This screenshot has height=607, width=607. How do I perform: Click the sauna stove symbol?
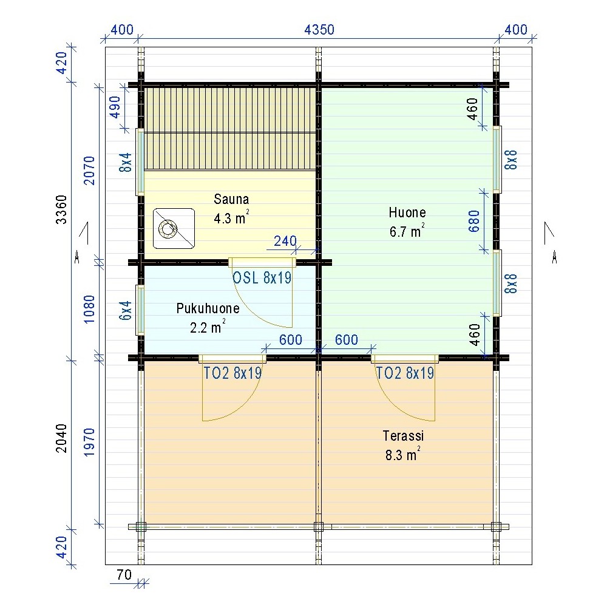pyautogui.click(x=174, y=228)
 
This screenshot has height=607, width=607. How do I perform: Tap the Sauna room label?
pyautogui.click(x=231, y=199)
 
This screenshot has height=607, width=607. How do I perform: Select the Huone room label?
pyautogui.click(x=407, y=212)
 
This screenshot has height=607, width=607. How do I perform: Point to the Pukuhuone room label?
pyautogui.click(x=208, y=308)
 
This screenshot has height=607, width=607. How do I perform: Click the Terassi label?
pyautogui.click(x=404, y=436)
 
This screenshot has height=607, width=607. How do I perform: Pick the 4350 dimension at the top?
pyautogui.click(x=319, y=30)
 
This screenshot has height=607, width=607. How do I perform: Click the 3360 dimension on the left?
pyautogui.click(x=61, y=209)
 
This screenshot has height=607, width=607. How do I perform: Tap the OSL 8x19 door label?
pyautogui.click(x=262, y=277)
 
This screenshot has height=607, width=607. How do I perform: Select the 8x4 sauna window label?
pyautogui.click(x=126, y=163)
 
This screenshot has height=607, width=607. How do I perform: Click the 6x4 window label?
pyautogui.click(x=126, y=310)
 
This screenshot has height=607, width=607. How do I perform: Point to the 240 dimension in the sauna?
pyautogui.click(x=285, y=241)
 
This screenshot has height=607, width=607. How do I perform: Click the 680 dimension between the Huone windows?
pyautogui.click(x=474, y=222)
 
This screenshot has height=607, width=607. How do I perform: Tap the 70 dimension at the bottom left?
pyautogui.click(x=124, y=575)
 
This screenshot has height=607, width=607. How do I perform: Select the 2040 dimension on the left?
pyautogui.click(x=61, y=439)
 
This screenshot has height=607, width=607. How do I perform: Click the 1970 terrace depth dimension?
pyautogui.click(x=89, y=443)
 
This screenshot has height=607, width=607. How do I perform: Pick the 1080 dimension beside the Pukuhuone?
pyautogui.click(x=89, y=310)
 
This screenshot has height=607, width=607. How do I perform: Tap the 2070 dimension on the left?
pyautogui.click(x=89, y=171)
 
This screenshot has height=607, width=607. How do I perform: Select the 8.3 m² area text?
pyautogui.click(x=402, y=454)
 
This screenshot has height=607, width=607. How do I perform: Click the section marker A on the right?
pyautogui.click(x=554, y=257)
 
